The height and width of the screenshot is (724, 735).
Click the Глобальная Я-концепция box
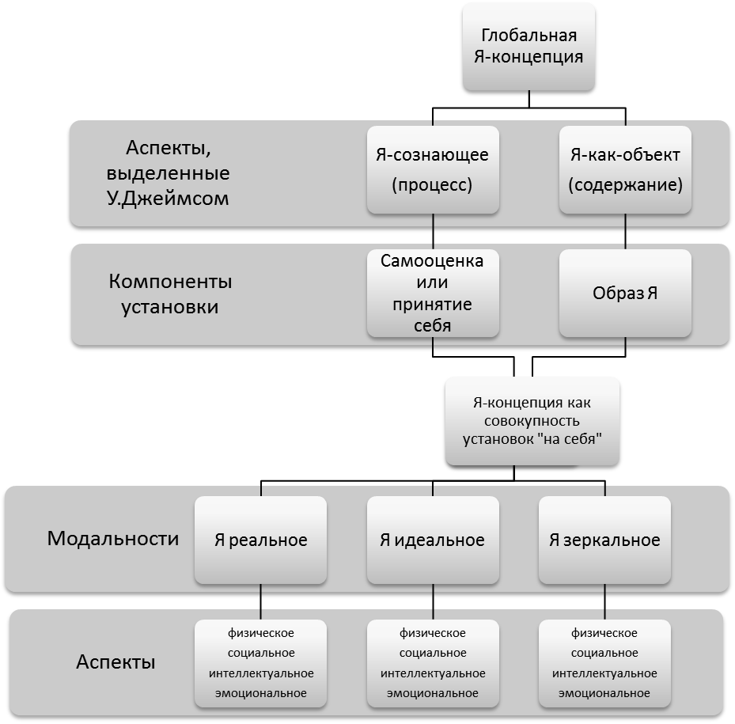point(529,47)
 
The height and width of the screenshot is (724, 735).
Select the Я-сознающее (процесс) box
point(433,170)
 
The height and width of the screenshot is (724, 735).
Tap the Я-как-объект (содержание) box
point(625,170)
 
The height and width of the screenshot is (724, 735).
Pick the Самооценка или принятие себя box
point(433,293)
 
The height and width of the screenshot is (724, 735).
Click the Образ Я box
point(625,293)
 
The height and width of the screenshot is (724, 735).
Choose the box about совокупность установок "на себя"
point(532,421)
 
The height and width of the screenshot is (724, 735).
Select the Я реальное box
point(260,540)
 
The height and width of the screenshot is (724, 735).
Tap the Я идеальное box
point(433,540)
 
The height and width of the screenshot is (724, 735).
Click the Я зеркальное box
point(604,540)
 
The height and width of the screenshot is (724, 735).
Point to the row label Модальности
point(113,538)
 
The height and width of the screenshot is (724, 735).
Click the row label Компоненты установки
point(170,294)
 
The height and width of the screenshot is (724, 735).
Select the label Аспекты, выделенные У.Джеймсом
point(168,173)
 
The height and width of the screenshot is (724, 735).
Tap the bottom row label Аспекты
point(116,661)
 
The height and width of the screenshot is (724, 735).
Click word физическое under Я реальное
point(260,633)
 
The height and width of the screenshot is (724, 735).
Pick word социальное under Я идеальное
point(433,653)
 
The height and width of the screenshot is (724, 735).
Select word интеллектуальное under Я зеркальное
point(604,673)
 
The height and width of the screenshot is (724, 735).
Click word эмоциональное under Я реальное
point(260,693)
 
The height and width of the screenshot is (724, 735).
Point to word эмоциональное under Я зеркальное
point(604,693)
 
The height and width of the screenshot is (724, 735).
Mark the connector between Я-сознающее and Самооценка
point(433,232)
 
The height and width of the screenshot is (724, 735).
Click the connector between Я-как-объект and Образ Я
point(625,232)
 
